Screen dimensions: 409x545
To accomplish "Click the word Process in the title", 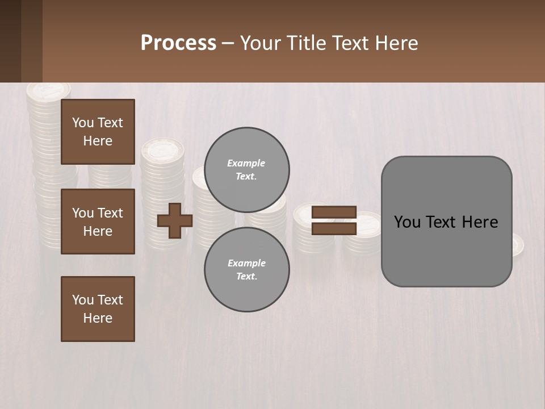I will pos(178,43).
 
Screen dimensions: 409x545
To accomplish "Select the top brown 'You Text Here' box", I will pos(98,132).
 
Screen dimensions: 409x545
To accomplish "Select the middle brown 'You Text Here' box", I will pos(98,222).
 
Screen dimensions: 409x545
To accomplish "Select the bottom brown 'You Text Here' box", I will pos(98,309).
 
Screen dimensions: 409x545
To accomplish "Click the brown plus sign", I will pos(175,220).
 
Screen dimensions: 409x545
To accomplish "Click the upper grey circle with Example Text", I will pos(247,170).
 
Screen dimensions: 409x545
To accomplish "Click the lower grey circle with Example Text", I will pos(247,270).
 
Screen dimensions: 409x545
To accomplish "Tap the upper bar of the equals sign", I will pos(334,212).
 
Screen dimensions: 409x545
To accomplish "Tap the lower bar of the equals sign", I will pos(334,228).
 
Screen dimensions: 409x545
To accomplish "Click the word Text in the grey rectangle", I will pos(442,222).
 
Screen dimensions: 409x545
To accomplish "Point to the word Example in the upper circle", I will pos(246,163).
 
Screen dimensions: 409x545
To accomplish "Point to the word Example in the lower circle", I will pos(246,263).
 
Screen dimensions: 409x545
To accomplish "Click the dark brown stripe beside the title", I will pos(10,41).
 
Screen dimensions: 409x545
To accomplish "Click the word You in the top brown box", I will pos(82,123).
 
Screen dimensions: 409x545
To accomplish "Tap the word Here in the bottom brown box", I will pos(98,318).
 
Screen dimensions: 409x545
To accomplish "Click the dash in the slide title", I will pos(228,43).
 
